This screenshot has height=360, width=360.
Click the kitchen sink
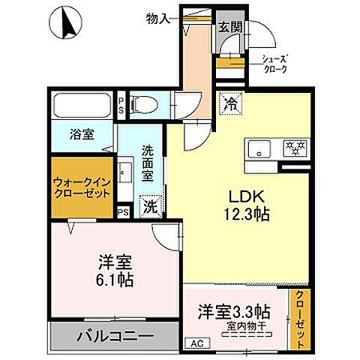259,148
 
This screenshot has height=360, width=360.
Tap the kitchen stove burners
293,148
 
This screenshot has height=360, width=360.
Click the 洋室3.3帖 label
234,311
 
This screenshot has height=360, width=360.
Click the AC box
197,343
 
